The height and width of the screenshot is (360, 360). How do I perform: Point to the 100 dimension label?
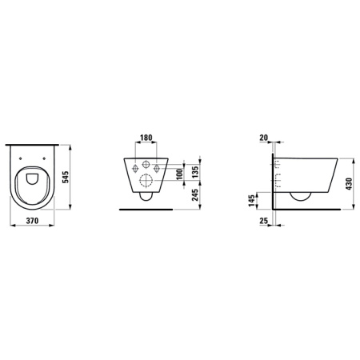tap(179, 174)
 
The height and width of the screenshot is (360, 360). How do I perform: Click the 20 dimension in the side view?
tap(265, 137)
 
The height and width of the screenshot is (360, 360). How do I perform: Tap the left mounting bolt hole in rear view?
tap(132, 168)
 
